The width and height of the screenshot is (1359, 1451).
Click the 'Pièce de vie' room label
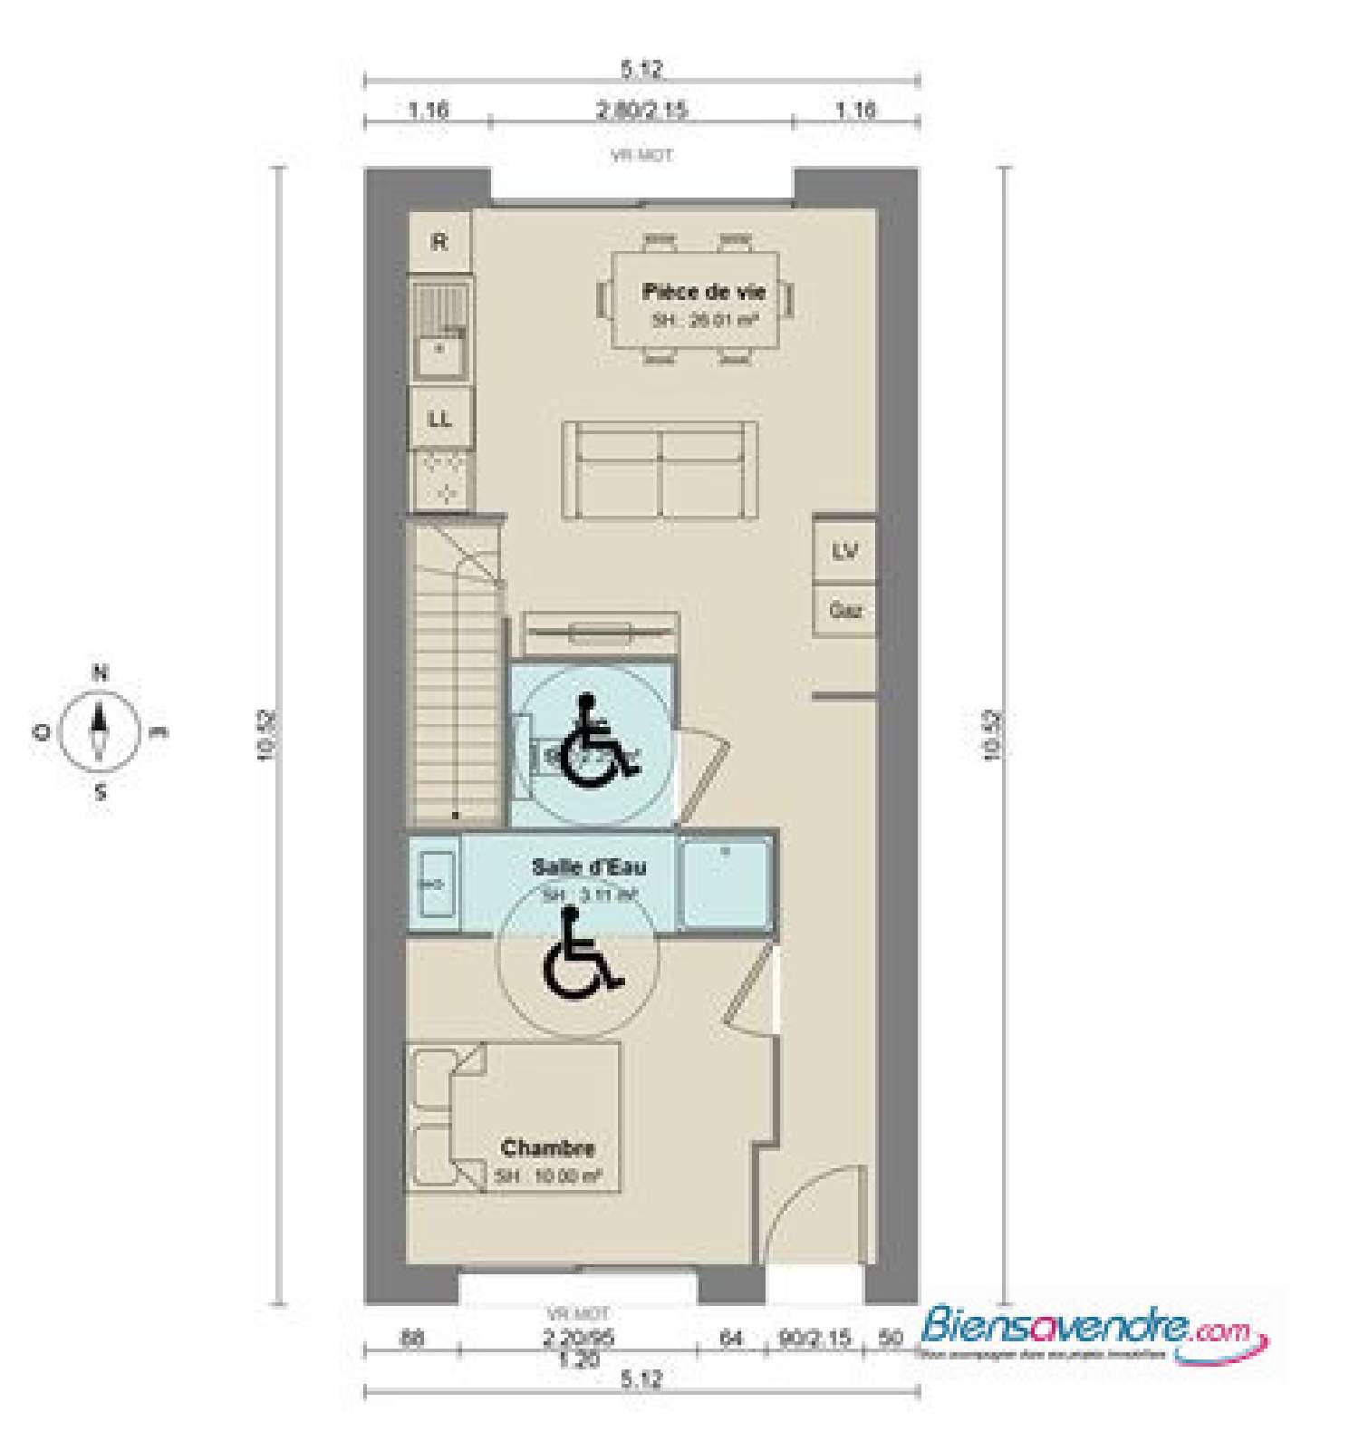[x=703, y=292]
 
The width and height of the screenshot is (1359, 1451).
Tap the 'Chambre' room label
[x=547, y=1148]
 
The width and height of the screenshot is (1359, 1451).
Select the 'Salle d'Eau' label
[x=589, y=866]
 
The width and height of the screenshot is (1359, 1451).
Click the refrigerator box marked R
[x=439, y=242]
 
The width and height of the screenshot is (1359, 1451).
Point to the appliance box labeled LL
[x=440, y=420]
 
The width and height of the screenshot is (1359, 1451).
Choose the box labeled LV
[x=844, y=551]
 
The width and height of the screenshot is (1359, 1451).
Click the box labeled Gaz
[x=844, y=611]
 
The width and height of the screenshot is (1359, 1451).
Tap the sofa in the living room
[x=661, y=470]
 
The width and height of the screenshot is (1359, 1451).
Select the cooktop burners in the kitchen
[x=440, y=479]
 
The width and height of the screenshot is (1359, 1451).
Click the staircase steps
[x=457, y=707]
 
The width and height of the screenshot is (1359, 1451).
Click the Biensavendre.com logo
[x=1092, y=1333]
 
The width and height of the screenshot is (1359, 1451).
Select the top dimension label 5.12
[x=641, y=69]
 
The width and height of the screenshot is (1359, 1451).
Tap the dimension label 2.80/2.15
[x=641, y=111]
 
